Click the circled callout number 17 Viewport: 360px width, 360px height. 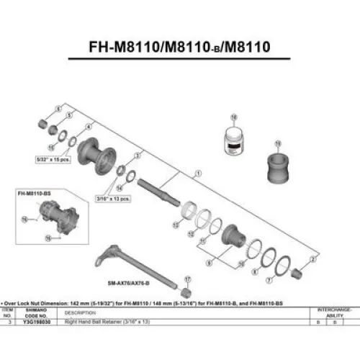point(186,278)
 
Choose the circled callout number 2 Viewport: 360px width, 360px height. point(312,256)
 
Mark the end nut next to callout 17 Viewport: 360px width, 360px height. point(186,293)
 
